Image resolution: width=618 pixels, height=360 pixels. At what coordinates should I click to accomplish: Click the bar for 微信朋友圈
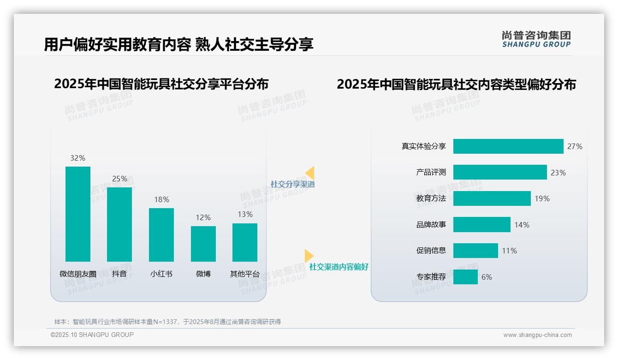[x=78, y=214]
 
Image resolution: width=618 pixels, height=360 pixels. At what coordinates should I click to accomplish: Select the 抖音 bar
[x=119, y=224]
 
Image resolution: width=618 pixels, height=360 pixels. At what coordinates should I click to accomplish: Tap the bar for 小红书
[x=161, y=235]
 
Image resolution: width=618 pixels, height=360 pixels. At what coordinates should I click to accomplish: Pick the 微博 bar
[x=203, y=244]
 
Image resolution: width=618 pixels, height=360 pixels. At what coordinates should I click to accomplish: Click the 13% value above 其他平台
[x=245, y=214]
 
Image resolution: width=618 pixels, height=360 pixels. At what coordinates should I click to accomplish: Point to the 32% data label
[x=78, y=158]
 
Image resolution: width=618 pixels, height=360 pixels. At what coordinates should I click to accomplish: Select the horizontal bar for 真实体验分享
[x=508, y=146]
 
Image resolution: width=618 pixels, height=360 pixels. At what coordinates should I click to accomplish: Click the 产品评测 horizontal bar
[x=500, y=172]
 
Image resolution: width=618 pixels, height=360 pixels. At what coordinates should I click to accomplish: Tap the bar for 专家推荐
[x=465, y=277]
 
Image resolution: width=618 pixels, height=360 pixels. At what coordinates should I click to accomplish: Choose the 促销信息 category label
[x=431, y=251]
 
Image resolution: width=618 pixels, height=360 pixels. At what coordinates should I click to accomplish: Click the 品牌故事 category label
[x=431, y=225]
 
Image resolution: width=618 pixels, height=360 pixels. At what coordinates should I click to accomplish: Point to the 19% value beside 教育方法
[x=542, y=198]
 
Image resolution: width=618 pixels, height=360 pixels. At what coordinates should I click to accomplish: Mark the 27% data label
[x=575, y=146]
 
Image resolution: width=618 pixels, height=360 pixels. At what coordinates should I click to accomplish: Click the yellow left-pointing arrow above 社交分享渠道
[x=310, y=173]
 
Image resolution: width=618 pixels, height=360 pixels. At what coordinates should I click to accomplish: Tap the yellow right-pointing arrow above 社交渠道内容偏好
[x=309, y=256]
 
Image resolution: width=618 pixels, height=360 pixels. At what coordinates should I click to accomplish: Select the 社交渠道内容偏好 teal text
[x=339, y=267]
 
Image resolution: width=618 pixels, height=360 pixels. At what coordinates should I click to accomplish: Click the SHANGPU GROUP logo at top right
[x=536, y=39]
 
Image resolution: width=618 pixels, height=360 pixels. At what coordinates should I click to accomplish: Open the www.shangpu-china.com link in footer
[x=537, y=335]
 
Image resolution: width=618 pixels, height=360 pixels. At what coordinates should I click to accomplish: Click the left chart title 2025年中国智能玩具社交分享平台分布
[x=161, y=84]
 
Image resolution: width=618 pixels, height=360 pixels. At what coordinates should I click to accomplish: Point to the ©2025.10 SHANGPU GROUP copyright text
[x=92, y=335]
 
